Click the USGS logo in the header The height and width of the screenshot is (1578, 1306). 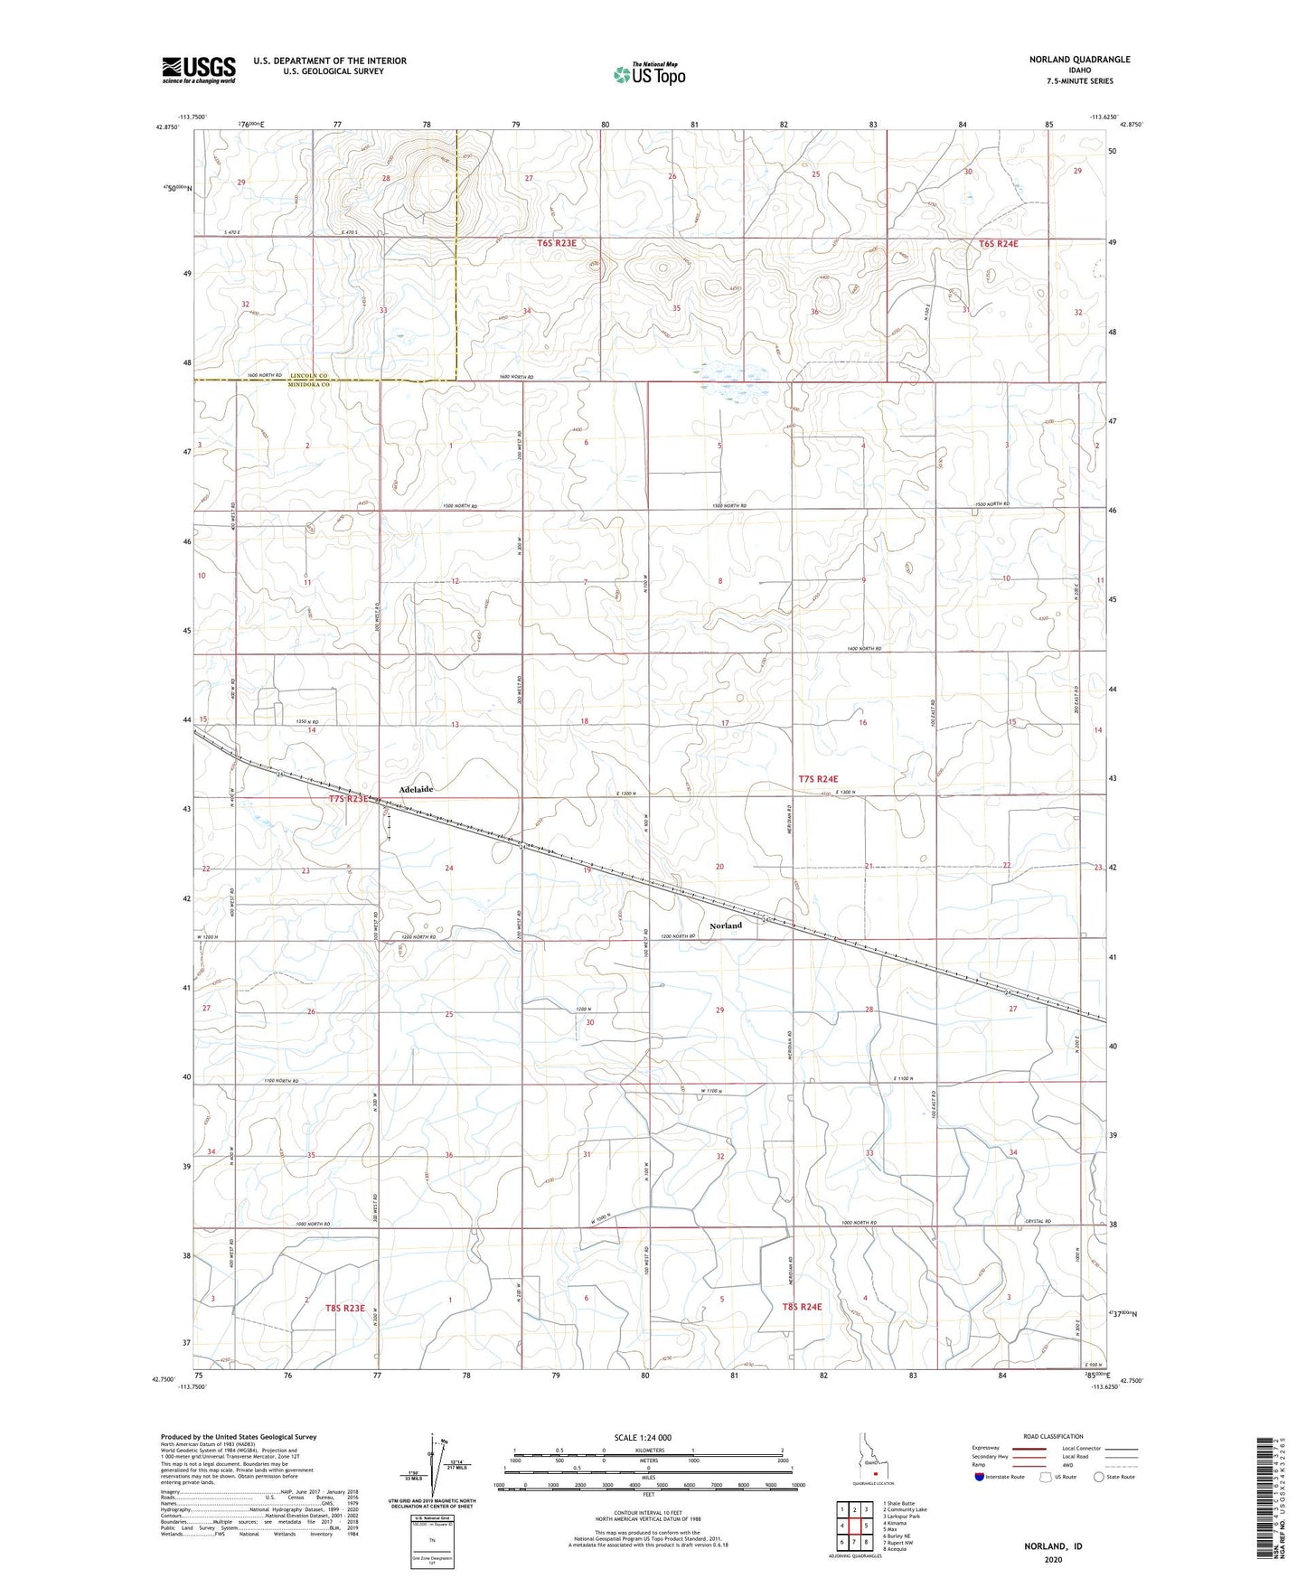click(199, 70)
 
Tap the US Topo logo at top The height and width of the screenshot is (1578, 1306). click(648, 74)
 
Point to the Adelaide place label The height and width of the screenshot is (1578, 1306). click(411, 789)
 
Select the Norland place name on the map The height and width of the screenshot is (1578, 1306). click(726, 925)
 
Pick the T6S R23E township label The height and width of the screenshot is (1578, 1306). click(557, 243)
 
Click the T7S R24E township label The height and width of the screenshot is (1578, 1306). click(818, 778)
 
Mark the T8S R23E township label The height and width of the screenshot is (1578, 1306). click(345, 1308)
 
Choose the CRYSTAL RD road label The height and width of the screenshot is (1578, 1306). click(1040, 1222)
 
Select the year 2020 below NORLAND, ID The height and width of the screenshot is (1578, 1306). click(1054, 1560)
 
